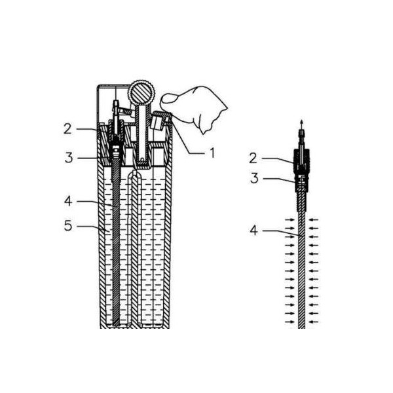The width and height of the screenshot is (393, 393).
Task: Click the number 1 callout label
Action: [212, 153]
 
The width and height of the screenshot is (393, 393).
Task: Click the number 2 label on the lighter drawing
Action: [67, 129]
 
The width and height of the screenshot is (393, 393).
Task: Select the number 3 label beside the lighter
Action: [69, 158]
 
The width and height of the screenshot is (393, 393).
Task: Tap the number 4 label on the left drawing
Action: [68, 201]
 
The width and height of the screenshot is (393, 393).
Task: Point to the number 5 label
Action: [68, 226]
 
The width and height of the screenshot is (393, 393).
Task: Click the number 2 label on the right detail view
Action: [253, 159]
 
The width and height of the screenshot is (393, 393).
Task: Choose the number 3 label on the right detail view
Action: [254, 178]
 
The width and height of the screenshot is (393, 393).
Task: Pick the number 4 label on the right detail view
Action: [254, 231]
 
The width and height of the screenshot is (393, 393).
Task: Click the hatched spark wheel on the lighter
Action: [141, 92]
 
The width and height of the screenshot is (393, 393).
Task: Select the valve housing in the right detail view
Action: [301, 170]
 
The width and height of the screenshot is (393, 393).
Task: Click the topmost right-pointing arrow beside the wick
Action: [290, 220]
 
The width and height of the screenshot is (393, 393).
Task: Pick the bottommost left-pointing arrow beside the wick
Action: [314, 322]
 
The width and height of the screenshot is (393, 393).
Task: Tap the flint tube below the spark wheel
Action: [142, 136]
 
